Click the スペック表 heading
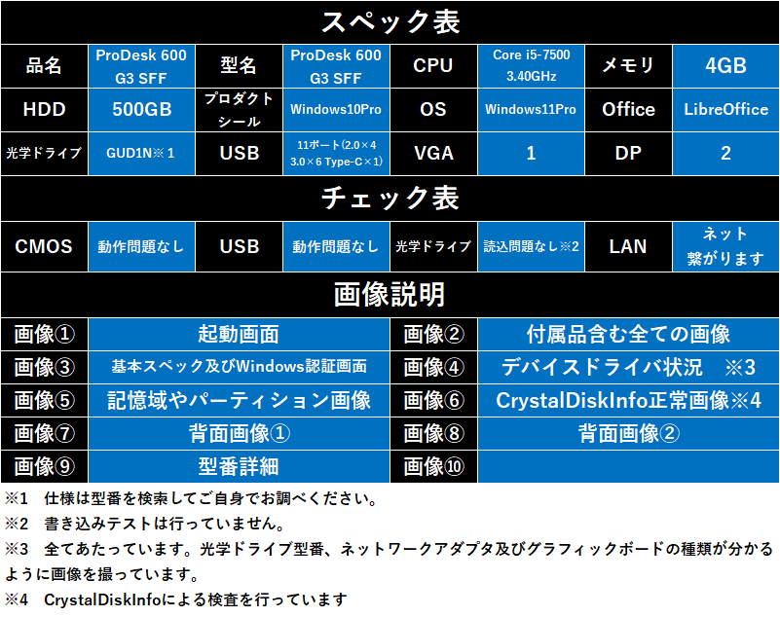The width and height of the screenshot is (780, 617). click(x=390, y=22)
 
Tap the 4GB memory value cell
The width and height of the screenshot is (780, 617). click(x=725, y=66)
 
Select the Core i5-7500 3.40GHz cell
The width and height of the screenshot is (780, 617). click(x=531, y=66)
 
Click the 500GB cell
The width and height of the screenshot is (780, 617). click(x=141, y=110)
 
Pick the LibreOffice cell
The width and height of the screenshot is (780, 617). click(x=725, y=110)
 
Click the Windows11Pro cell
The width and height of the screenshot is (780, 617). click(x=531, y=110)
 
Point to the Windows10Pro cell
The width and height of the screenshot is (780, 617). click(x=336, y=110)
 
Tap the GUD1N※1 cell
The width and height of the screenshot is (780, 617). click(x=141, y=153)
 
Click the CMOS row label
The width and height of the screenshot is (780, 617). click(x=44, y=246)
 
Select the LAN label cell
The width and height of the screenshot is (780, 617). click(x=628, y=246)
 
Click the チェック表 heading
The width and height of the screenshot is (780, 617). click(x=390, y=198)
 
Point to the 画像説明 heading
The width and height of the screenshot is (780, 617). click(x=390, y=294)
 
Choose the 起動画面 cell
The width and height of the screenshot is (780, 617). click(x=239, y=334)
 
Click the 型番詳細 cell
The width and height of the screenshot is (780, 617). click(x=239, y=466)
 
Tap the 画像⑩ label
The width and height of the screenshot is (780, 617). click(x=433, y=466)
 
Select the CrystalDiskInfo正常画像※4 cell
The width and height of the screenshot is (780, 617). click(x=628, y=400)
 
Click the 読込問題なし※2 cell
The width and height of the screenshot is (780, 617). click(x=531, y=246)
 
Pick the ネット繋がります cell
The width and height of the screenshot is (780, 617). click(x=725, y=246)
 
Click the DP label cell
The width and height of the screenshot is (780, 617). click(x=628, y=153)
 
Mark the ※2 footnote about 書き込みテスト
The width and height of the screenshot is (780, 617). click(x=145, y=524)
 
